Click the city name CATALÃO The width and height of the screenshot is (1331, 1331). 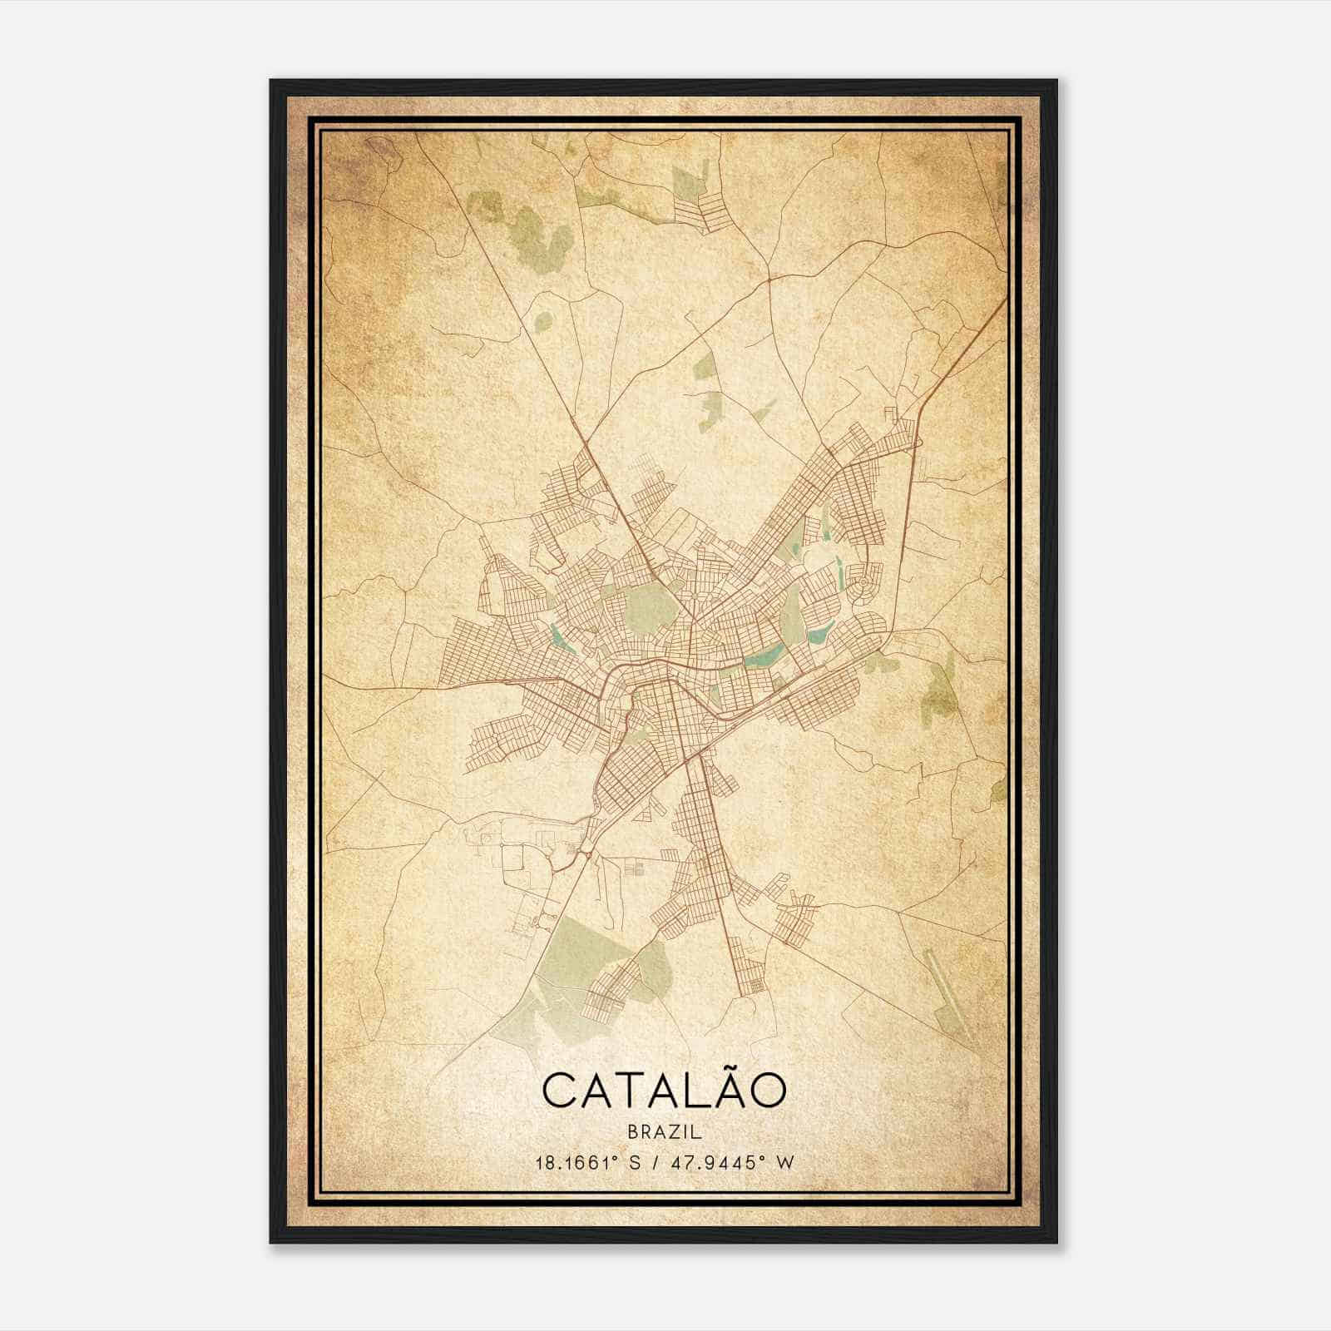(665, 1091)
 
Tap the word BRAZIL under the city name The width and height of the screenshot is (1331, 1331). (665, 1132)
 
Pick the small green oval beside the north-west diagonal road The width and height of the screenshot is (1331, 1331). (542, 319)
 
